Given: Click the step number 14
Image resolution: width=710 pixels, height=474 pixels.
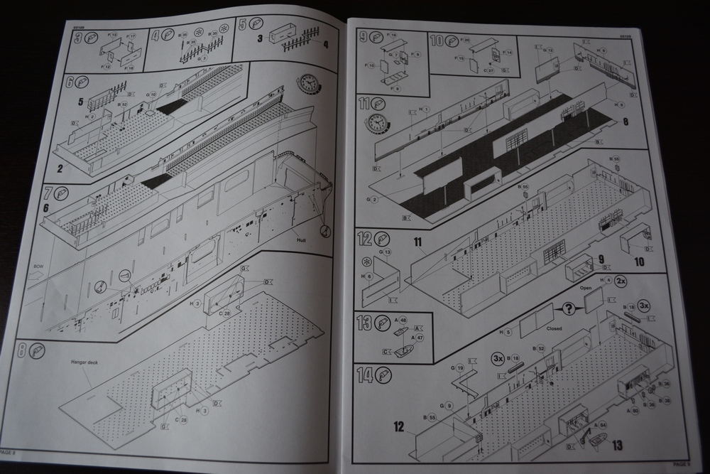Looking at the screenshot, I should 364,375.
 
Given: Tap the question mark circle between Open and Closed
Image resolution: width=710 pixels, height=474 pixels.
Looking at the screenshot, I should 569,308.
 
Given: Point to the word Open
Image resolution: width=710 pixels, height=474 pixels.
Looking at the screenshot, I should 586,289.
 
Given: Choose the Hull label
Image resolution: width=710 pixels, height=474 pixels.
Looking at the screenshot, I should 298,240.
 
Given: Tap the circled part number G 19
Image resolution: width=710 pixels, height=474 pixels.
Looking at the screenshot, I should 460,367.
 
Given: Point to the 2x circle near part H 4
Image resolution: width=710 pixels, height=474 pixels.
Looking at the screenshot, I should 622,281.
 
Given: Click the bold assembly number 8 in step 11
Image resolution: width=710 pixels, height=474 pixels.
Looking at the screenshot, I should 625,122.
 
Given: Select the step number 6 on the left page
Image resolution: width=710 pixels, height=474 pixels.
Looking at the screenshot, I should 70,82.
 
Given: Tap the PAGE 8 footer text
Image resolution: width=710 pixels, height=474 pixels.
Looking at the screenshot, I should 7,452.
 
